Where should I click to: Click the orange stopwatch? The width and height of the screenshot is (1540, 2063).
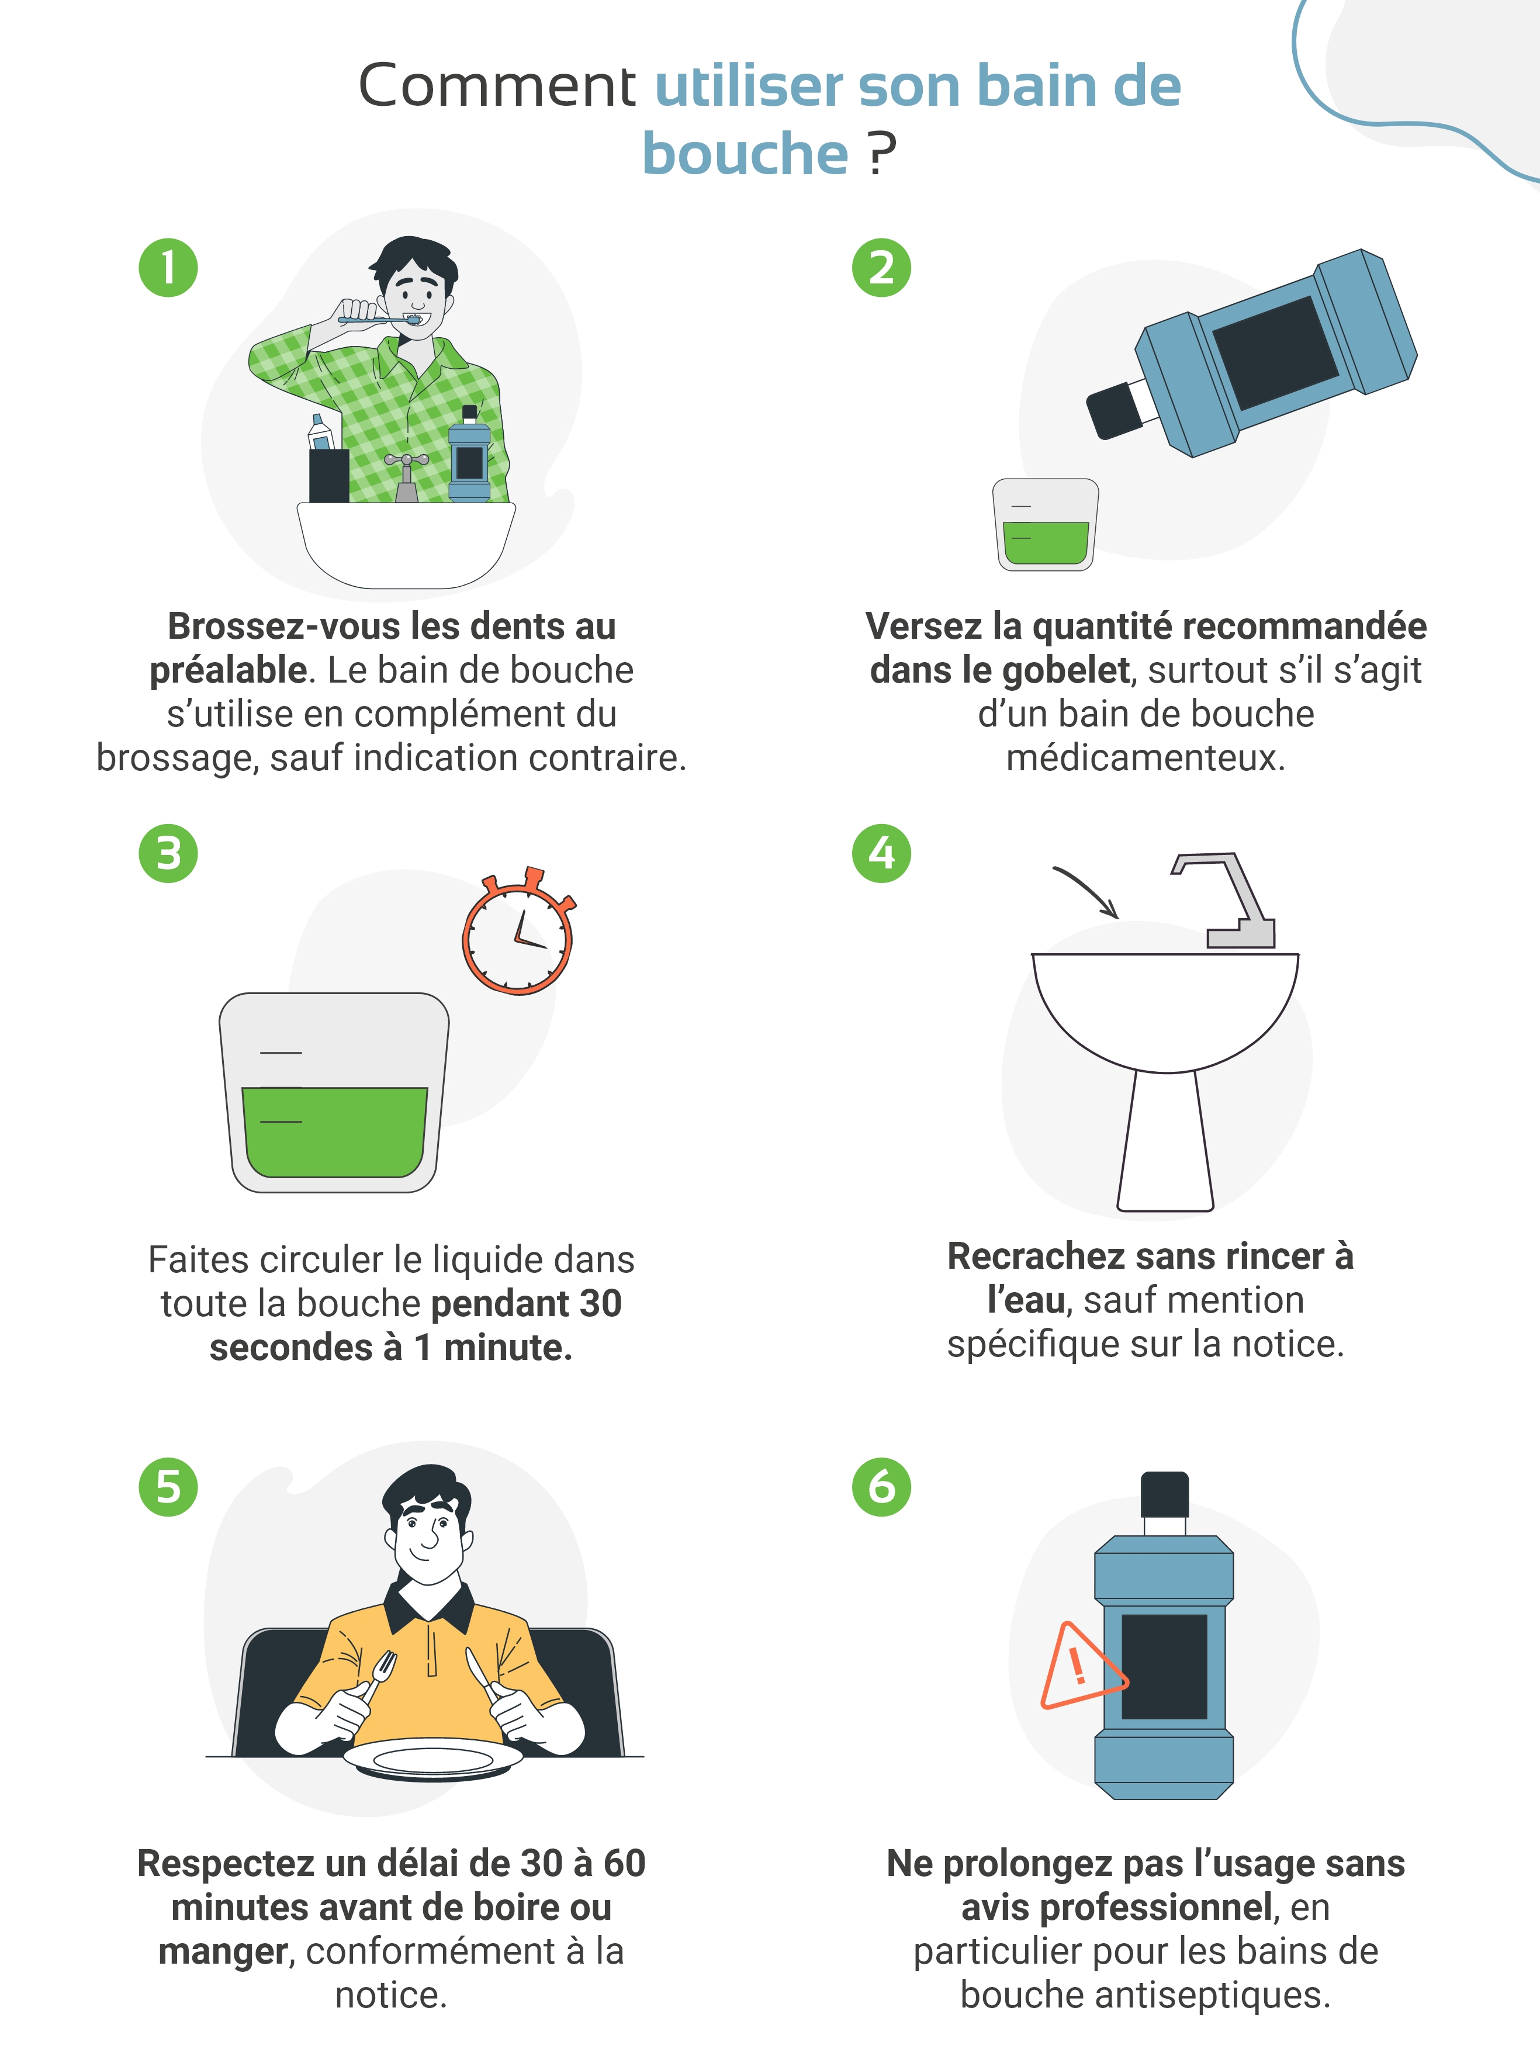click(518, 932)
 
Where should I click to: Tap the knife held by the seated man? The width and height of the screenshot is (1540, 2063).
click(485, 1673)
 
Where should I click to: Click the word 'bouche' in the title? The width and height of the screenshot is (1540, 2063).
click(745, 153)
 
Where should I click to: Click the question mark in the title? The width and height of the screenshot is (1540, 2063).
click(881, 153)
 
